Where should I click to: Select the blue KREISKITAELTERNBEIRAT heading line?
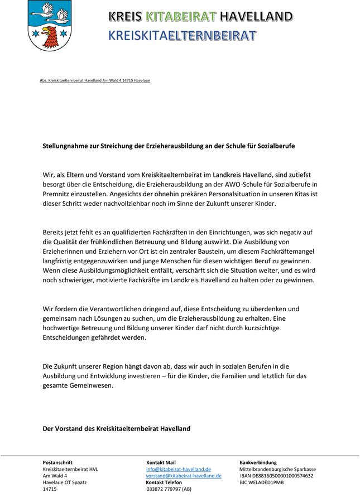pos(182,36)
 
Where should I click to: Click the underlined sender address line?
pos(95,80)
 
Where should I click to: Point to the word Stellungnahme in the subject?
pos(67,146)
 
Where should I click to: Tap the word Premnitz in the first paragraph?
pos(58,193)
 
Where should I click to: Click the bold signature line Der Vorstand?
pos(117,428)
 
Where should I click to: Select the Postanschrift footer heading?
pos(58,462)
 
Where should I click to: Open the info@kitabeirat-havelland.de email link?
pos(179,469)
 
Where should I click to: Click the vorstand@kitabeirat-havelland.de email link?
pos(184,476)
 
